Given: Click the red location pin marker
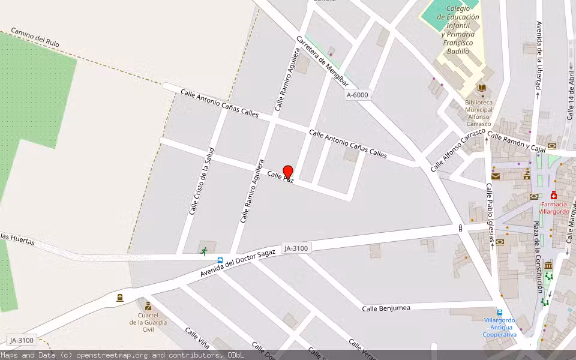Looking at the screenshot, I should (288, 172).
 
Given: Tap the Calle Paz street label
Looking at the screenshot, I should (280, 177).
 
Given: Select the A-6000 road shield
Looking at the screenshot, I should (358, 95).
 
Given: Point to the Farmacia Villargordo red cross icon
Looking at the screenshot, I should (553, 196).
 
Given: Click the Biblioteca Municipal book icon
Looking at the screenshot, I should (481, 89).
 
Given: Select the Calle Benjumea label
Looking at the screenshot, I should (386, 308).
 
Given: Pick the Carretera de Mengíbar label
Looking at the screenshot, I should (322, 62).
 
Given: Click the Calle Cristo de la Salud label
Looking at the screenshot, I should (202, 181).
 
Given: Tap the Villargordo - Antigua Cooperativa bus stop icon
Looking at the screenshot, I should (500, 312).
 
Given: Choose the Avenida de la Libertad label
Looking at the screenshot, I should (539, 55).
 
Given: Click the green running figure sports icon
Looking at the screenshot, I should (204, 251).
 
